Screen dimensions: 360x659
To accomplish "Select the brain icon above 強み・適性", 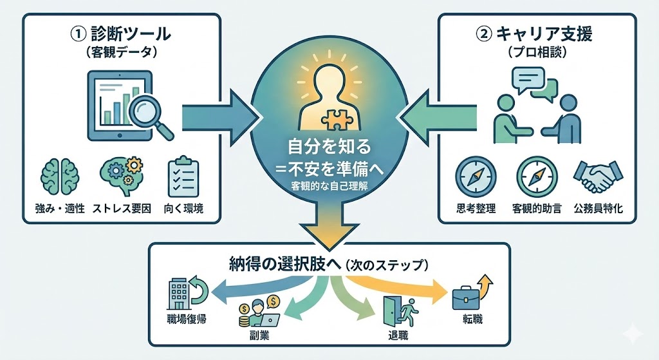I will [59, 176].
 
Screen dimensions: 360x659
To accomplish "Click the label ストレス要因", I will [122, 209].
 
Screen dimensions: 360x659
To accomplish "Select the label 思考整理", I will [476, 209].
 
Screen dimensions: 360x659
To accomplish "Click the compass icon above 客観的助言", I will [536, 175].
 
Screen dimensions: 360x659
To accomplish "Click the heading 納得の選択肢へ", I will [284, 264].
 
